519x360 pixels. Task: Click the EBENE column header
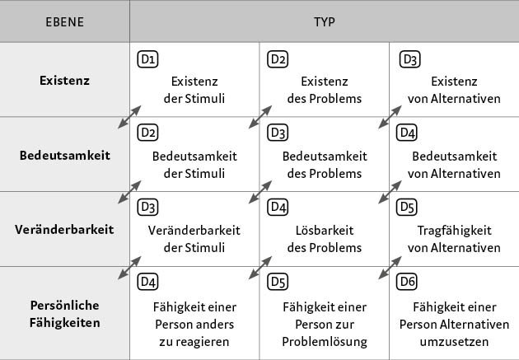tap(64, 22)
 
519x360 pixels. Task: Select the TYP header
tap(325, 22)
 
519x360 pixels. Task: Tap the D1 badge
tap(147, 59)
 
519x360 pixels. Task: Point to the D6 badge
tap(407, 282)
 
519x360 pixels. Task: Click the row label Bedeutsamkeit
tap(65, 155)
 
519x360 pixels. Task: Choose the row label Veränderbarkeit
tap(64, 229)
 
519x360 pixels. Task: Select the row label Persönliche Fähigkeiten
tap(64, 314)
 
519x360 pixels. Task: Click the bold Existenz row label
tap(64, 81)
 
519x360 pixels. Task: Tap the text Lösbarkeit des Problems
tap(325, 239)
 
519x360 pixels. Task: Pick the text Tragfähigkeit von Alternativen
tap(454, 239)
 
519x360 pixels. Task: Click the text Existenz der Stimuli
tap(194, 90)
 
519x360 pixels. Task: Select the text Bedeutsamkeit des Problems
tap(325, 165)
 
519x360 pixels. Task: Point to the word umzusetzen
tap(454, 342)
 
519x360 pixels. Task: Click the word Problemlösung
tap(325, 342)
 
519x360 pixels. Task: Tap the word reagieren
tap(194, 342)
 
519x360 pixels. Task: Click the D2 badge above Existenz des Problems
tap(278, 59)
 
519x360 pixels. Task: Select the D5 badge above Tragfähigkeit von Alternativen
tap(407, 207)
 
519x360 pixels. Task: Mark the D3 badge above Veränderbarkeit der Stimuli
tap(147, 207)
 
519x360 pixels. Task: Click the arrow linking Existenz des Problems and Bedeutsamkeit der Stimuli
tap(260, 117)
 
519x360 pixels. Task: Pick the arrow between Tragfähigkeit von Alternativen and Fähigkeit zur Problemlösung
tap(390, 268)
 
